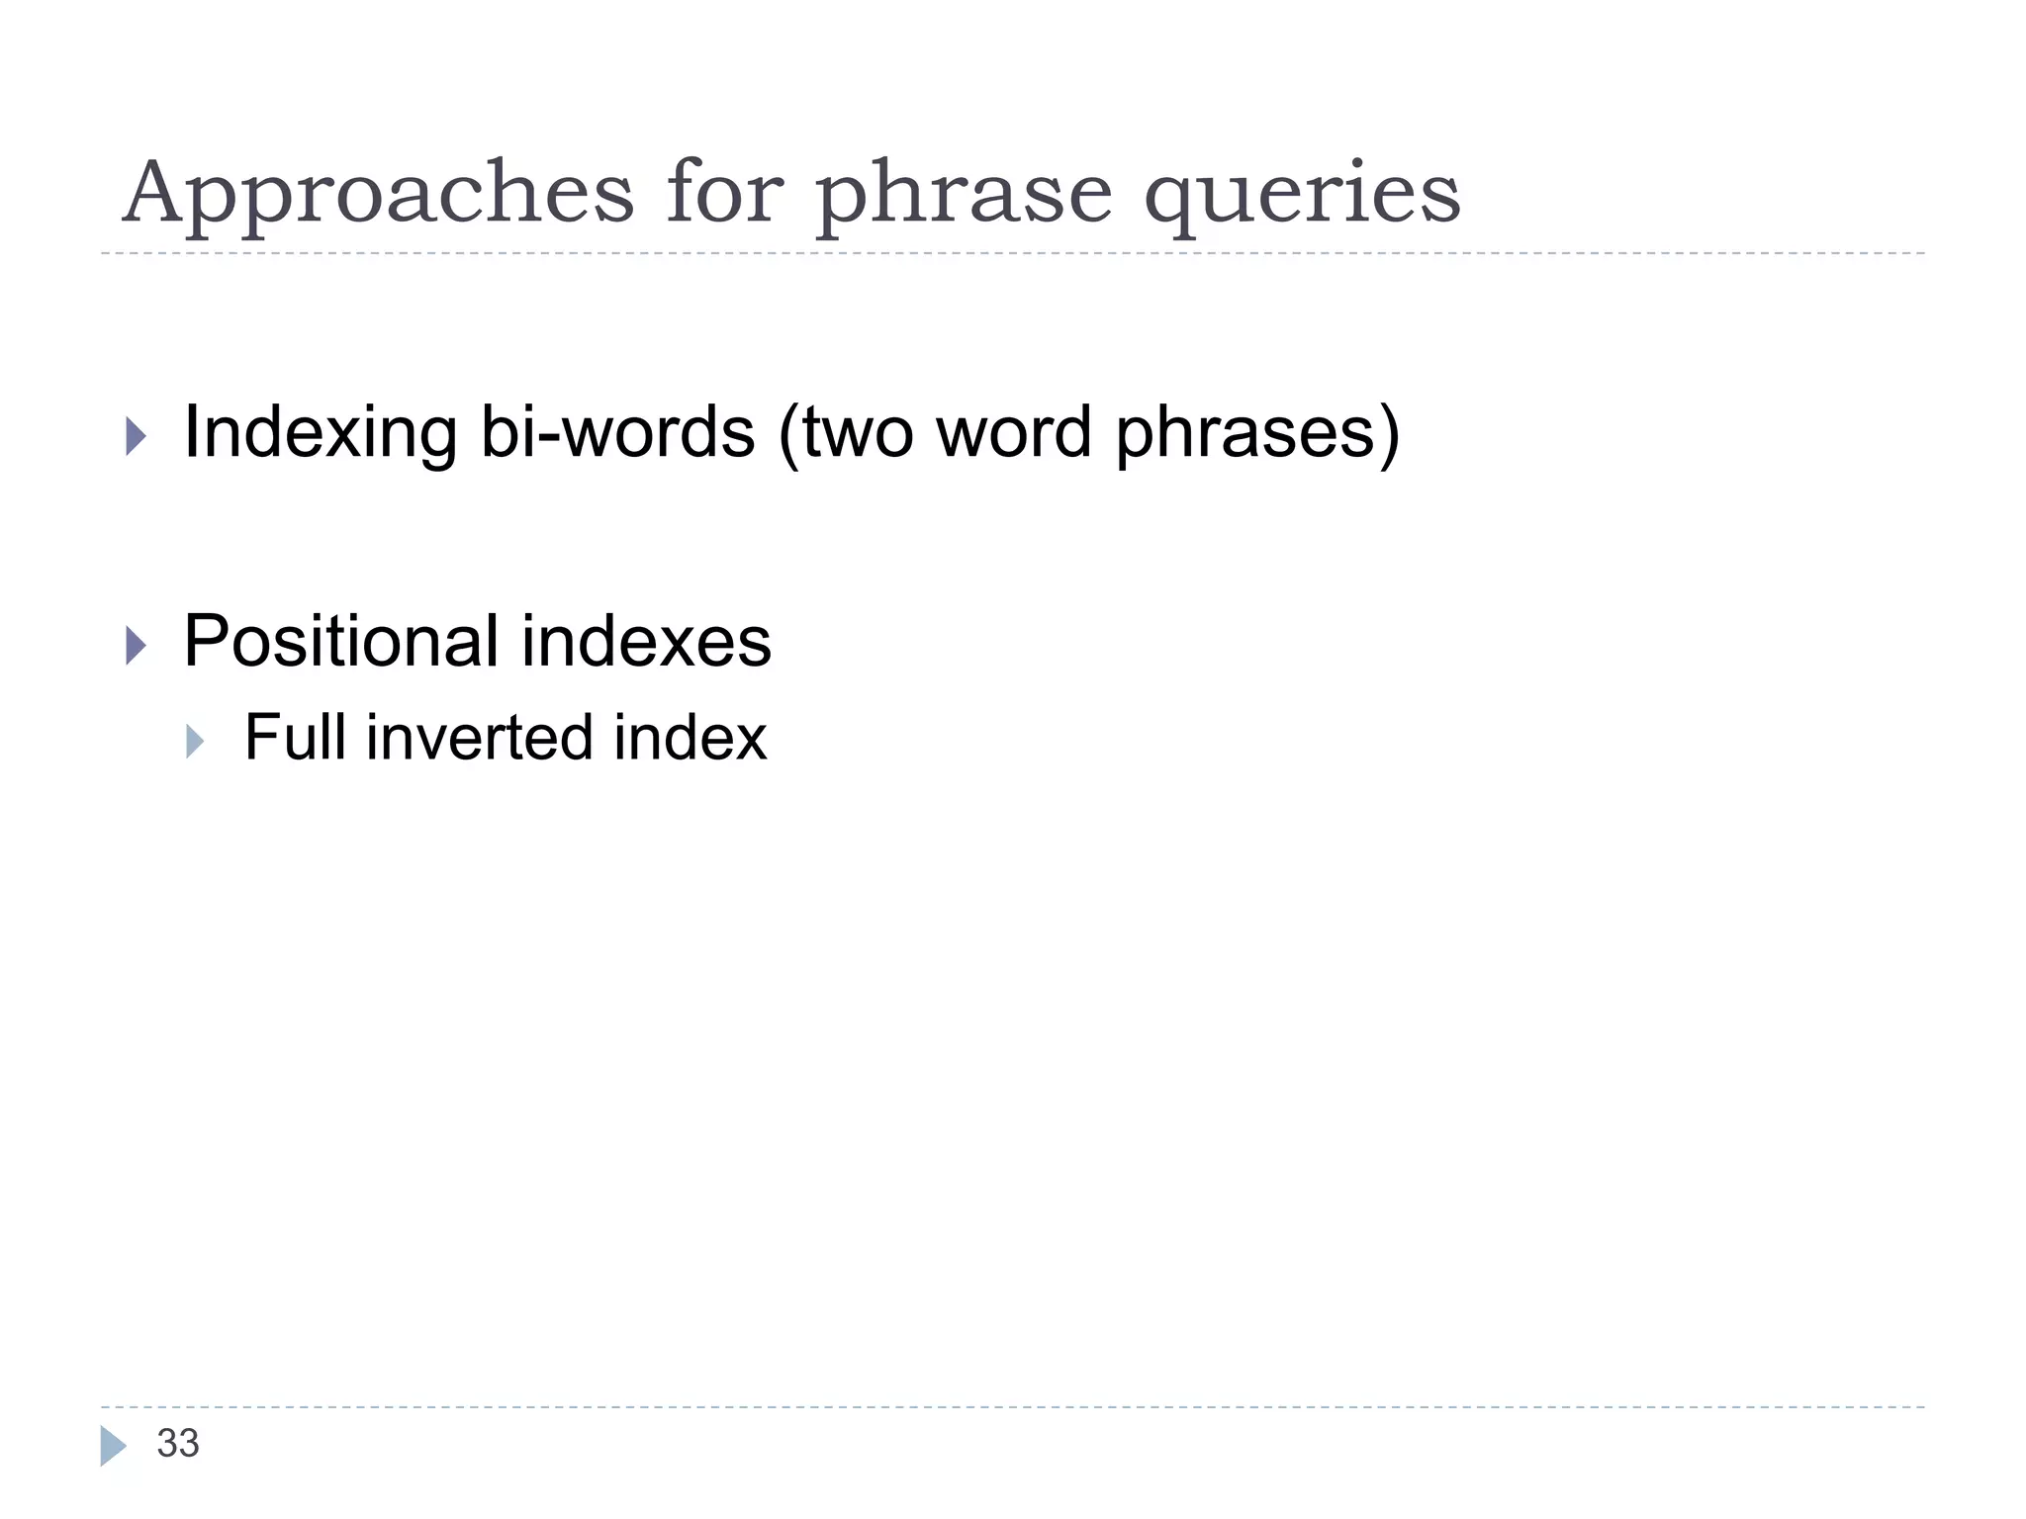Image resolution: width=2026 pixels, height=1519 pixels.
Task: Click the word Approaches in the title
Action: coord(377,194)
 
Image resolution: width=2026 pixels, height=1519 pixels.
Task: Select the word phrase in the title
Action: coord(964,194)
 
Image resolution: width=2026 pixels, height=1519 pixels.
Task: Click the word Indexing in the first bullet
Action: coord(320,433)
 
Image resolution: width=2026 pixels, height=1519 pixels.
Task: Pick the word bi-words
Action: coord(617,433)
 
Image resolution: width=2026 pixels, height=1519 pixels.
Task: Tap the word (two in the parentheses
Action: coord(846,433)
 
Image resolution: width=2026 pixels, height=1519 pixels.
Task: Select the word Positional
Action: coord(340,641)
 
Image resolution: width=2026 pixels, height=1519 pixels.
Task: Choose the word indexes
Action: coord(646,641)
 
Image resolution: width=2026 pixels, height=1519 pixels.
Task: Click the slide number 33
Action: coord(178,1444)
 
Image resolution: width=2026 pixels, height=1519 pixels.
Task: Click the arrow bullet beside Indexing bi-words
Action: coord(137,436)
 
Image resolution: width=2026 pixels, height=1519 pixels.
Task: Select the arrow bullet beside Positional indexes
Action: coord(137,646)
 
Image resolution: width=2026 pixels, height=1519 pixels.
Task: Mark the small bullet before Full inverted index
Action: coord(195,741)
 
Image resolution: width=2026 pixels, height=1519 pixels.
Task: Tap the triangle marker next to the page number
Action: coord(113,1446)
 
